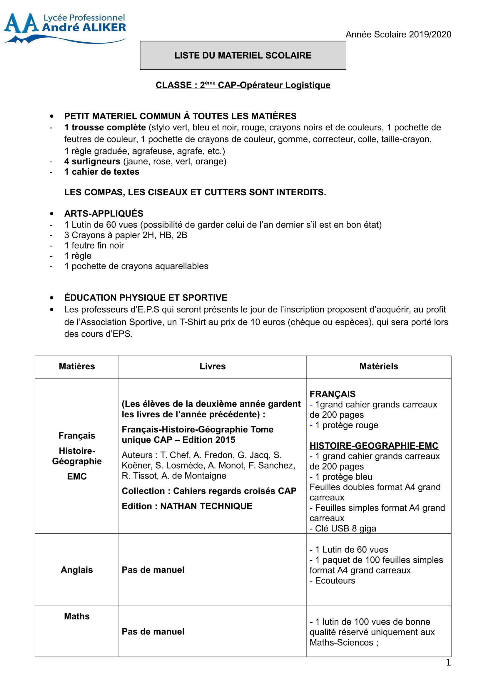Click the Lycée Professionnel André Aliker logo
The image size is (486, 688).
pos(64,28)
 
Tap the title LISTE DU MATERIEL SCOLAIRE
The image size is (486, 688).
pos(243,55)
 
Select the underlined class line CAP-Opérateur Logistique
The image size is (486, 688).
pos(243,85)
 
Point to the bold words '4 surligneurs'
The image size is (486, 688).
pos(92,161)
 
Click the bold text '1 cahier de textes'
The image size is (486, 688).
pos(102,172)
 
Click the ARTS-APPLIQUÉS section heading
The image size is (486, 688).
pos(103,213)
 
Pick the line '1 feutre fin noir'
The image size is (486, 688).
pos(94,245)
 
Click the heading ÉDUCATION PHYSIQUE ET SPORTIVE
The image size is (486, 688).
pos(146,298)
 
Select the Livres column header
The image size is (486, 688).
pos(213,366)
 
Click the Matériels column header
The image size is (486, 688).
pos(378,366)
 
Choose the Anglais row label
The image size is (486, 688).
pos(77,570)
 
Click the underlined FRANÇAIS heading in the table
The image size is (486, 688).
pos(333,394)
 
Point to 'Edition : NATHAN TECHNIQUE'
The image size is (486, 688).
pos(187,506)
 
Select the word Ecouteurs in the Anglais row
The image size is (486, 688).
pos(335,580)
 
